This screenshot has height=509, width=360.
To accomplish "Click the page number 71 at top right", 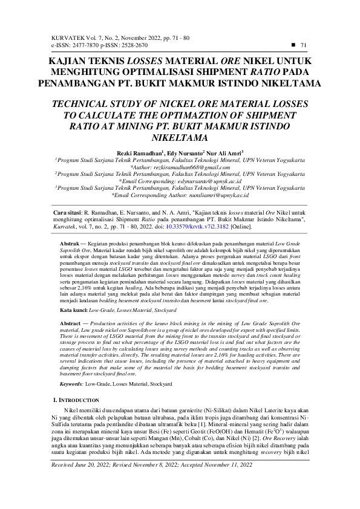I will (304, 45).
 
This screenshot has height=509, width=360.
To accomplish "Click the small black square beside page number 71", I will (293, 45).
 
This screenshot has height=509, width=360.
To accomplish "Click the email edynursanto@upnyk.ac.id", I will (208, 180).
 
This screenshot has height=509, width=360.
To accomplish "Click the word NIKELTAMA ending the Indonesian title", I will (283, 83).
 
